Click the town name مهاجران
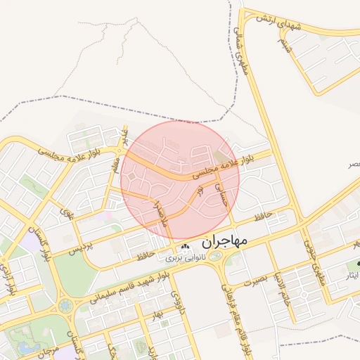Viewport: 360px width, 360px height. (x=225, y=241)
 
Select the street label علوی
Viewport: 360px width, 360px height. (x=67, y=213)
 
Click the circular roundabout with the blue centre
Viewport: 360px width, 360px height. (x=66, y=305)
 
